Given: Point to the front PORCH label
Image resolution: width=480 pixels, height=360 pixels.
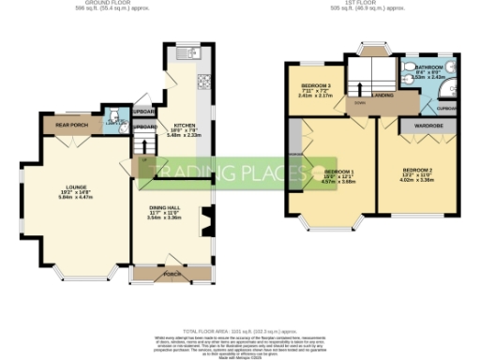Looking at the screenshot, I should pos(171,275).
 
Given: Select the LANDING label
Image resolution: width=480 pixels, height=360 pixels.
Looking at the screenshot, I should pos(382,95).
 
